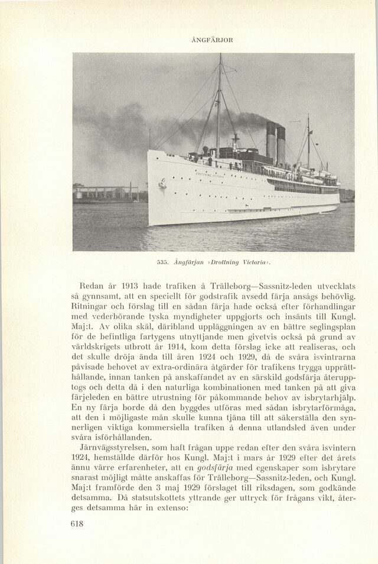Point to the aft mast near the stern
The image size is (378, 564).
[x=308, y=142]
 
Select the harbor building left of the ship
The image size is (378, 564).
[x=106, y=193]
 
